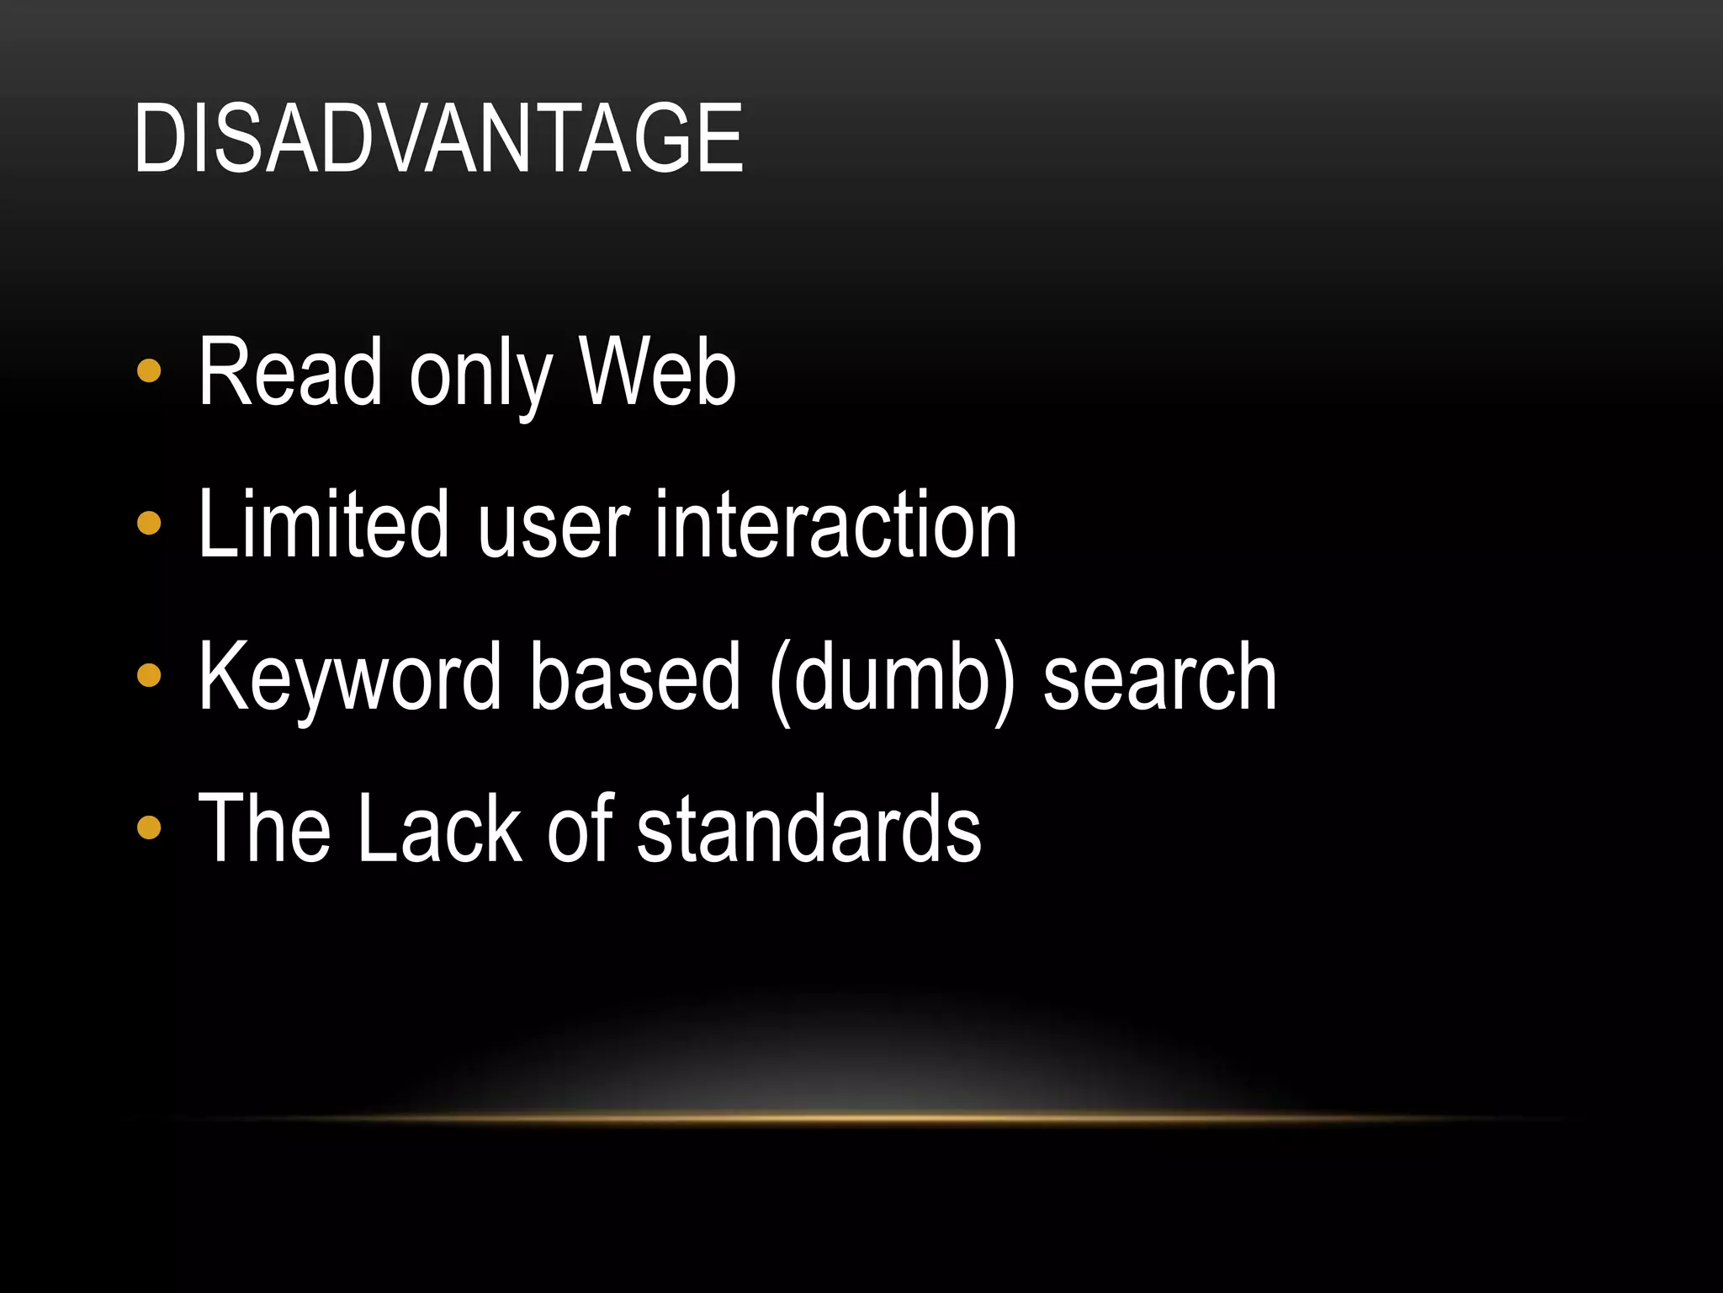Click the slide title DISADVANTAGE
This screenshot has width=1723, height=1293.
pyautogui.click(x=438, y=138)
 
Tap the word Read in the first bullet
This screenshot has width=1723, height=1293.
pyautogui.click(x=290, y=372)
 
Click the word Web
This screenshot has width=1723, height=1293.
pyautogui.click(x=657, y=372)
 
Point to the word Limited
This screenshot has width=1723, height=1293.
pyautogui.click(x=324, y=524)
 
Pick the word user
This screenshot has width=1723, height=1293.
pyautogui.click(x=554, y=529)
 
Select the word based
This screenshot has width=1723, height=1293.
pyautogui.click(x=636, y=676)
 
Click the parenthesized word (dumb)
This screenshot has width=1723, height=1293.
pyautogui.click(x=893, y=678)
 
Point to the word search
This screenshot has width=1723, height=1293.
pyautogui.click(x=1160, y=676)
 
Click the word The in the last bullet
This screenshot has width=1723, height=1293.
pyautogui.click(x=264, y=828)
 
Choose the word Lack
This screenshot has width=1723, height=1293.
pyautogui.click(x=438, y=828)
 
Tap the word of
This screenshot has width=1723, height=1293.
pyautogui.click(x=581, y=828)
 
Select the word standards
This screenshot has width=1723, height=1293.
pyautogui.click(x=808, y=828)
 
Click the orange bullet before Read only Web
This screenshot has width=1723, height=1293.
pyautogui.click(x=149, y=371)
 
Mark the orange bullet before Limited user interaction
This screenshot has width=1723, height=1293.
pyautogui.click(x=149, y=524)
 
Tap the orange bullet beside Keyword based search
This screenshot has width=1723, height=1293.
pyautogui.click(x=149, y=675)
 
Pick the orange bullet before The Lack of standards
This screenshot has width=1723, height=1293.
pyautogui.click(x=149, y=827)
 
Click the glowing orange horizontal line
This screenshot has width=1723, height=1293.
pyautogui.click(x=861, y=1119)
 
